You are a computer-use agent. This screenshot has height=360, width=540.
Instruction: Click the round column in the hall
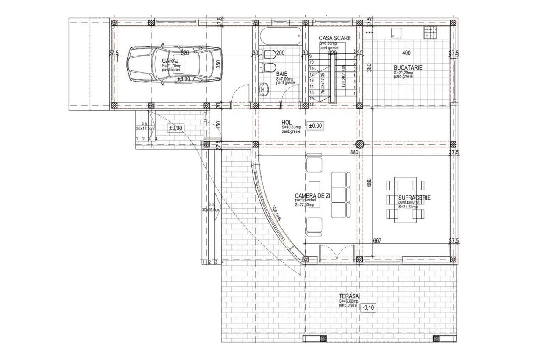pos(360,144)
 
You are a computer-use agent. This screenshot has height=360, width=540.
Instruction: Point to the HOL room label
pos(287,122)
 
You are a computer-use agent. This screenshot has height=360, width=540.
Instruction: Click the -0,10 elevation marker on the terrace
pos(369,307)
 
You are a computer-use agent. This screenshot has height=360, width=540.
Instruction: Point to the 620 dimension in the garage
pos(184,53)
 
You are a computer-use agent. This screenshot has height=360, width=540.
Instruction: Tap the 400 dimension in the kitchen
pos(406,53)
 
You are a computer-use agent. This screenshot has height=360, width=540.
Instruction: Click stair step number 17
pos(312,104)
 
